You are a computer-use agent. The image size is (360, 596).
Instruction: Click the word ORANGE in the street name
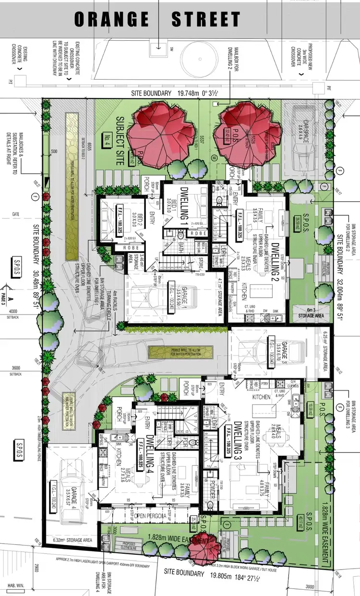tap(111, 20)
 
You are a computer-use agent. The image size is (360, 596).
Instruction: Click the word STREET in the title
tap(206, 20)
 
